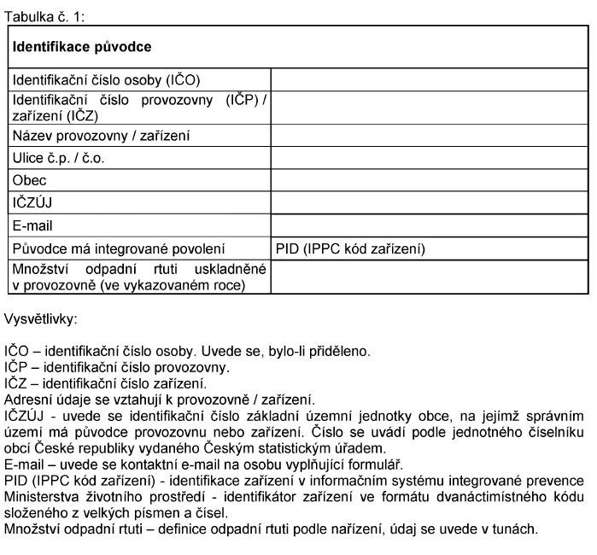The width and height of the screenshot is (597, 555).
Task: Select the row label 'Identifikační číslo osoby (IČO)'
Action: pos(106,80)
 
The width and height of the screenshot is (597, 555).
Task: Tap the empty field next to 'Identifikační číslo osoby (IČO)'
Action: pos(430,80)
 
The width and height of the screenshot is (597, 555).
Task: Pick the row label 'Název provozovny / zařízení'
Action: pos(101,136)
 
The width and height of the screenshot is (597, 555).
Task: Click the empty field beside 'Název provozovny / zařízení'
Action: pos(430,136)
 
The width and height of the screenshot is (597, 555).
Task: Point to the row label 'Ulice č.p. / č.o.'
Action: pos(59,158)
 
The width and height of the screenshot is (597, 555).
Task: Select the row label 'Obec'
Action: pos(30,181)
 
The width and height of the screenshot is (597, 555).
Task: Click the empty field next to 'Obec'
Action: pos(430,181)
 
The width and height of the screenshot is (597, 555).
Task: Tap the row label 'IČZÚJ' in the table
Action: pos(33,203)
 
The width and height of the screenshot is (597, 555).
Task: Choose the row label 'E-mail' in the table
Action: pos(33,226)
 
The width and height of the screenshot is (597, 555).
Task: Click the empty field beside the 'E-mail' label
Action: pos(430,226)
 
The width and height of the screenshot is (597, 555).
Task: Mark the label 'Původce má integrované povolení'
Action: pos(118,249)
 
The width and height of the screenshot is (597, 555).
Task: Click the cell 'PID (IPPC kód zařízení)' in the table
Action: pos(350,249)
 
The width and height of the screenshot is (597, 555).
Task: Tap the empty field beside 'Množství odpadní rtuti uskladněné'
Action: pos(430,277)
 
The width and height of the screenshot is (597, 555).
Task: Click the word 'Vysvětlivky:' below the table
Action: pos(41,319)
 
